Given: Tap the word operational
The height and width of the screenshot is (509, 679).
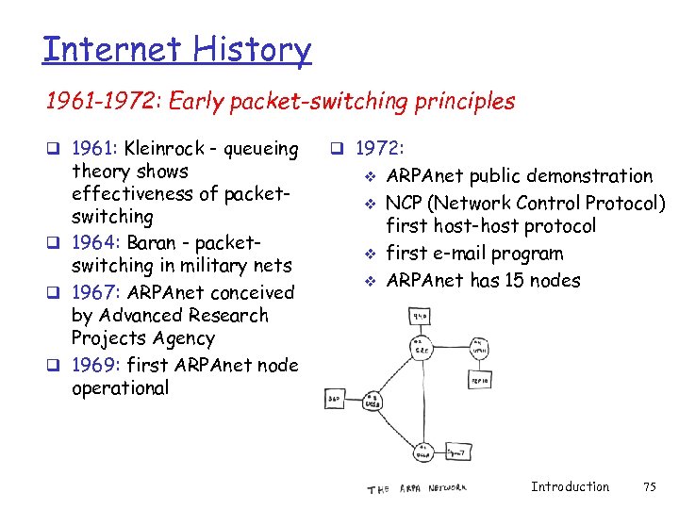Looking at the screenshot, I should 120,387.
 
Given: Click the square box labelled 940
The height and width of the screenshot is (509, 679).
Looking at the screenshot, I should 419,316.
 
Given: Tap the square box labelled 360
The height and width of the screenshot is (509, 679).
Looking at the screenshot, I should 334,399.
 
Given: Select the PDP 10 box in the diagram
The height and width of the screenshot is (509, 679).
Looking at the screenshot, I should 480,379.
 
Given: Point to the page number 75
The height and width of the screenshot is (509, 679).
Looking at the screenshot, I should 649,486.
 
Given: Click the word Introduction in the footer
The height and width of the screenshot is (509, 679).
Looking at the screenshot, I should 570,486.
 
